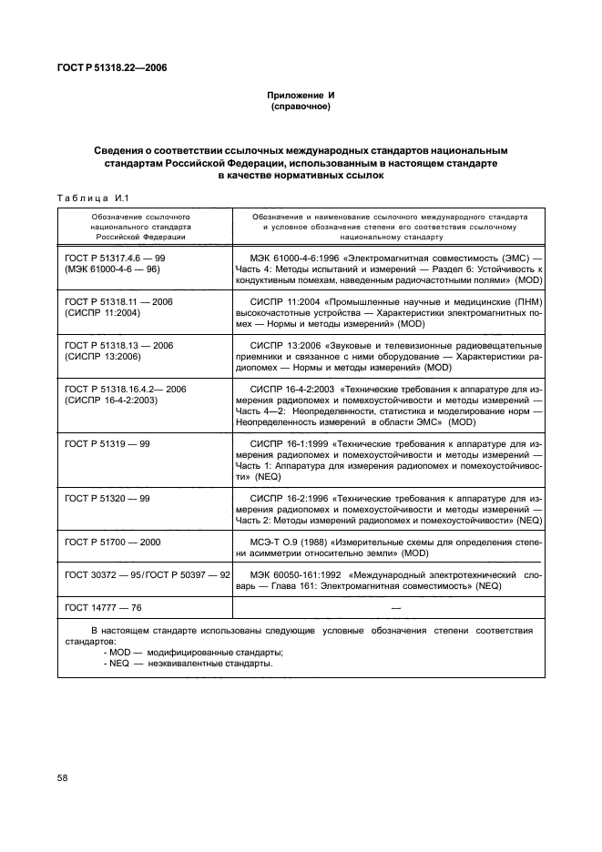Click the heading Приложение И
300,96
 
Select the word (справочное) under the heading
300,106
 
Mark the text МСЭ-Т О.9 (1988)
292,542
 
